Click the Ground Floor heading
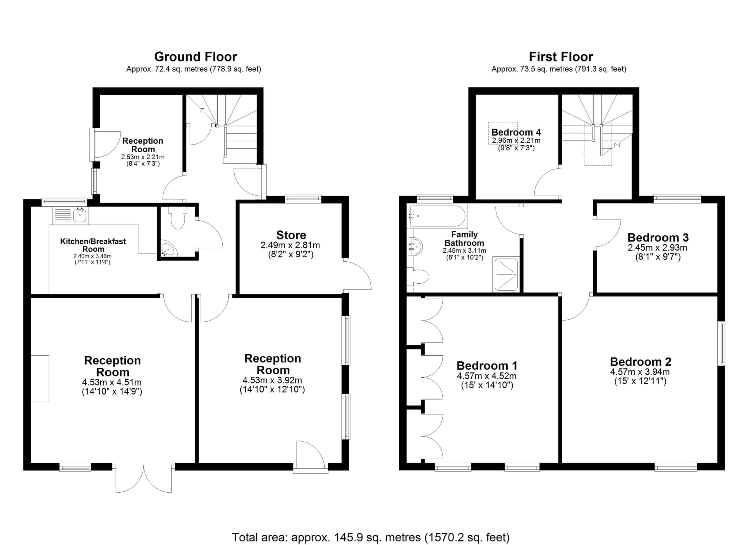click(195, 57)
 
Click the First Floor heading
click(561, 57)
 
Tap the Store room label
click(291, 235)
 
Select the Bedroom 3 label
click(658, 237)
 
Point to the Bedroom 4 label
click(516, 132)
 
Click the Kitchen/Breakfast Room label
click(93, 245)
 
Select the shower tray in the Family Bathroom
click(506, 275)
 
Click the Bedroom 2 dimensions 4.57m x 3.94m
click(640, 372)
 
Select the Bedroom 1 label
click(487, 366)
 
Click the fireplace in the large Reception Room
click(40, 378)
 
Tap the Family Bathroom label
click(464, 239)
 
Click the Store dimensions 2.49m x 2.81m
click(290, 245)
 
